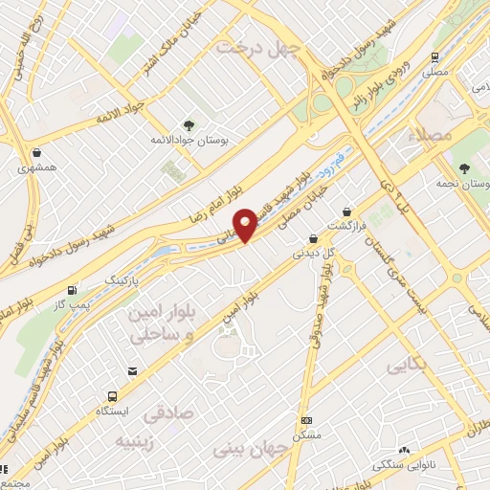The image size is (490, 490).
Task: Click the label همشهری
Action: click(36, 167)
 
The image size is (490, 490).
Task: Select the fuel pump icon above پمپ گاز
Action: click(73, 289)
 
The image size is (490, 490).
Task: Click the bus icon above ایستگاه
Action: click(113, 395)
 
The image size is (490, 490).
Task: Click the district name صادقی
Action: click(167, 416)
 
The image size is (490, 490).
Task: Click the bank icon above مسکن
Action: click(306, 420)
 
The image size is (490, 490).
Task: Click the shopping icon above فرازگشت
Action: click(345, 211)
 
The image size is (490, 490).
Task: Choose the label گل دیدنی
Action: click(313, 254)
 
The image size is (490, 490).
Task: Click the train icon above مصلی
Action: click(435, 56)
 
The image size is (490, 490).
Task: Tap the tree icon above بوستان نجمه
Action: click(463, 167)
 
